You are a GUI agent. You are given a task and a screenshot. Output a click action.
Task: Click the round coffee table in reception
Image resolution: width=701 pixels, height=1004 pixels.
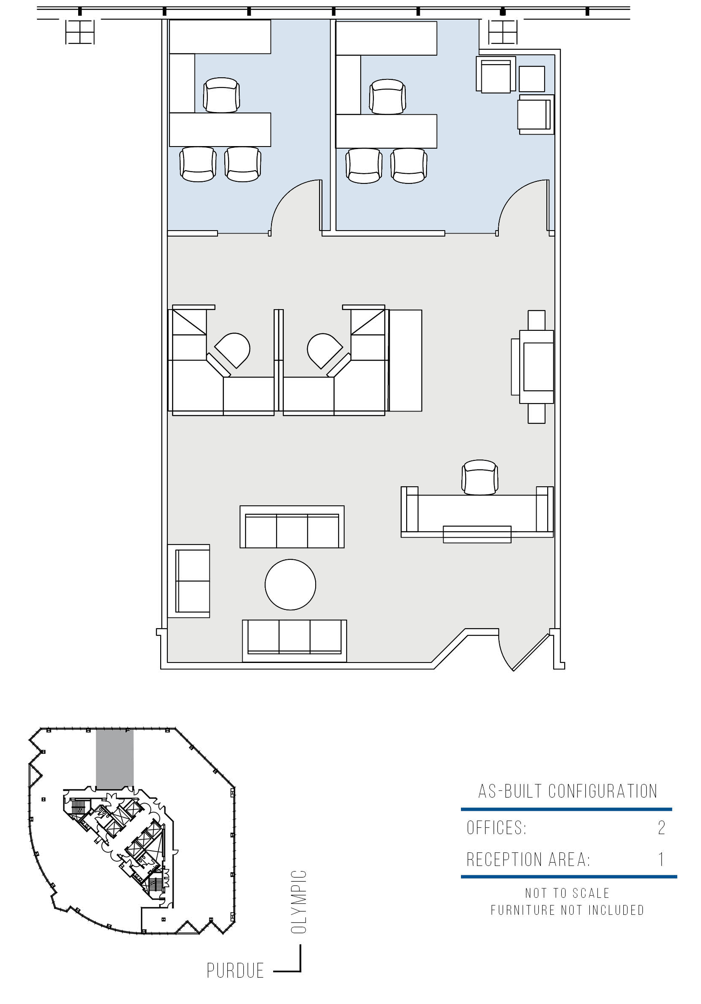[290, 584]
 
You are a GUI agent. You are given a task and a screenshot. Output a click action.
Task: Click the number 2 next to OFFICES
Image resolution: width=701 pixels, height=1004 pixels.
[661, 827]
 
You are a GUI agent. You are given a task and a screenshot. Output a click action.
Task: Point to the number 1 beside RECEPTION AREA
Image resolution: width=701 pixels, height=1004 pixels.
[661, 859]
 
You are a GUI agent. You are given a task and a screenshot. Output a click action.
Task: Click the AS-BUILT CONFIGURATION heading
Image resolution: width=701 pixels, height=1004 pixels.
[568, 791]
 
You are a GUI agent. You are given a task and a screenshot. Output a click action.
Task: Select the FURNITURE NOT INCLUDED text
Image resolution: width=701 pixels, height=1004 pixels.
[567, 910]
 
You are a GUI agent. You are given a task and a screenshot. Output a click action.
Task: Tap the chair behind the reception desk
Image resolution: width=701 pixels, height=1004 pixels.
[480, 477]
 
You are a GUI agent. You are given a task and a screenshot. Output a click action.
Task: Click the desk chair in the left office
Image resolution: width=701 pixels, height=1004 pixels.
[221, 95]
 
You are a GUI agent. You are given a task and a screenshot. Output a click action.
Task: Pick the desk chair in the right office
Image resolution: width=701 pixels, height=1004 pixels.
[387, 96]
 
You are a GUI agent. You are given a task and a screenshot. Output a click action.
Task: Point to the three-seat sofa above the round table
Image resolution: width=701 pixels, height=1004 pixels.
[292, 527]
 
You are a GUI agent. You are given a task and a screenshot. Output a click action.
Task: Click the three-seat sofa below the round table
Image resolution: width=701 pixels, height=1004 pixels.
[295, 640]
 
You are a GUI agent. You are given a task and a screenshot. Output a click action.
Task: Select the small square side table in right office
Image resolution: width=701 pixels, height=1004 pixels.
[532, 79]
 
